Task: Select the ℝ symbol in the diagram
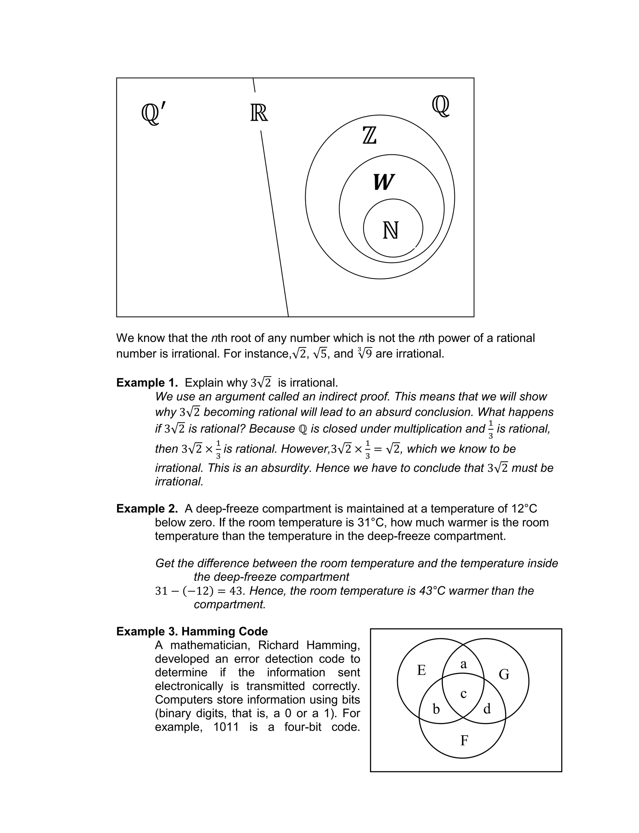click(x=259, y=113)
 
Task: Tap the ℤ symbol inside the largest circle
click(x=369, y=136)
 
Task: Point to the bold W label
click(x=383, y=182)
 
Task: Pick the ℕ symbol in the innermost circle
click(x=391, y=231)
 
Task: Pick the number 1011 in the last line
click(x=226, y=727)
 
